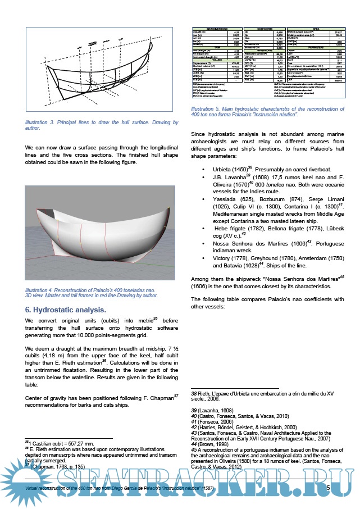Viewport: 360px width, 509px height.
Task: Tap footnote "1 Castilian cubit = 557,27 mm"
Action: pyautogui.click(x=62, y=444)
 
